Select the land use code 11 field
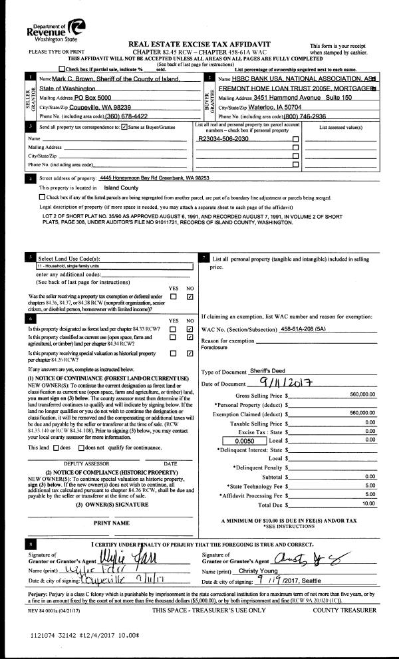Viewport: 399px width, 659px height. (x=113, y=265)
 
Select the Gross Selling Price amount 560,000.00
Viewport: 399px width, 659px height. (x=361, y=394)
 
